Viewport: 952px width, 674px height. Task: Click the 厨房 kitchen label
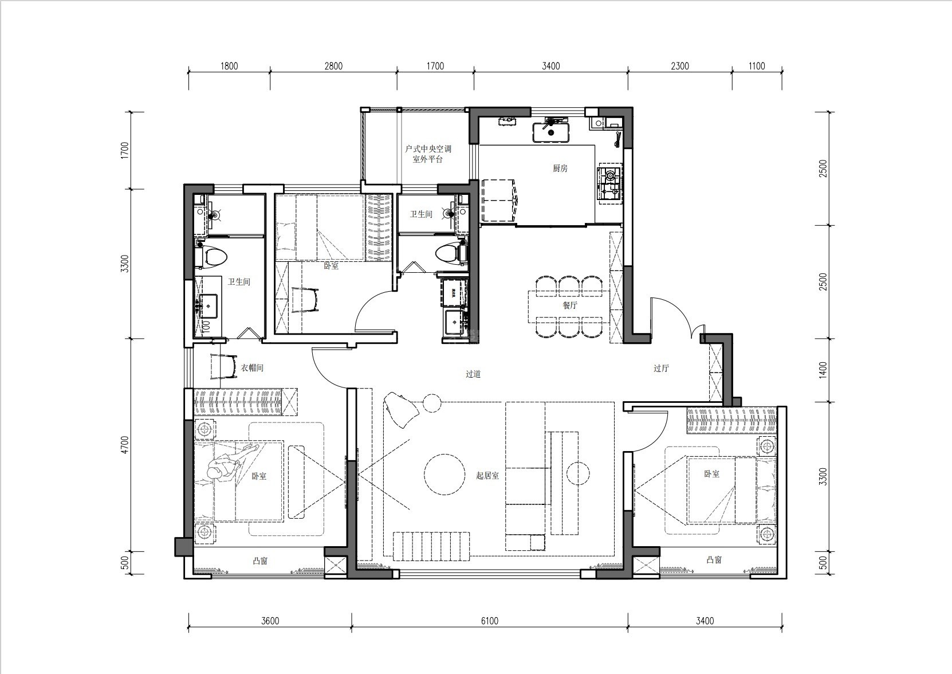pos(560,168)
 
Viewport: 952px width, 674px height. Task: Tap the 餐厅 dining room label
pos(570,305)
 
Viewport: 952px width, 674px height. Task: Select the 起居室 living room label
pos(487,476)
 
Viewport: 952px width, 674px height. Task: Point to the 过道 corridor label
pos(473,374)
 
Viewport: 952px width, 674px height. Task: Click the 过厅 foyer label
pos(661,369)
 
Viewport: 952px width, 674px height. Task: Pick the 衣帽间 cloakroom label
pos(252,368)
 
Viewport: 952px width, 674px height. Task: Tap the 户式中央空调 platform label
pos(428,149)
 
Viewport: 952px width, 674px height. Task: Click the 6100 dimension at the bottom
pos(490,621)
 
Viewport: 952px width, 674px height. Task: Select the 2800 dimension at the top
pos(333,66)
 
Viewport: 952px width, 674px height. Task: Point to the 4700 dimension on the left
pos(124,445)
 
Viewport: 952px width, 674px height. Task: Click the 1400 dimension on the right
pos(823,370)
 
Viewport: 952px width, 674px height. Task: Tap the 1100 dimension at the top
pos(757,66)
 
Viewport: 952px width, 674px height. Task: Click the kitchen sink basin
pos(551,132)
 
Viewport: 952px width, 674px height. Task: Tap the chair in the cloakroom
pos(224,367)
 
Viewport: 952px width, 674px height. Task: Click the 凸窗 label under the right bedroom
pos(714,560)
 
